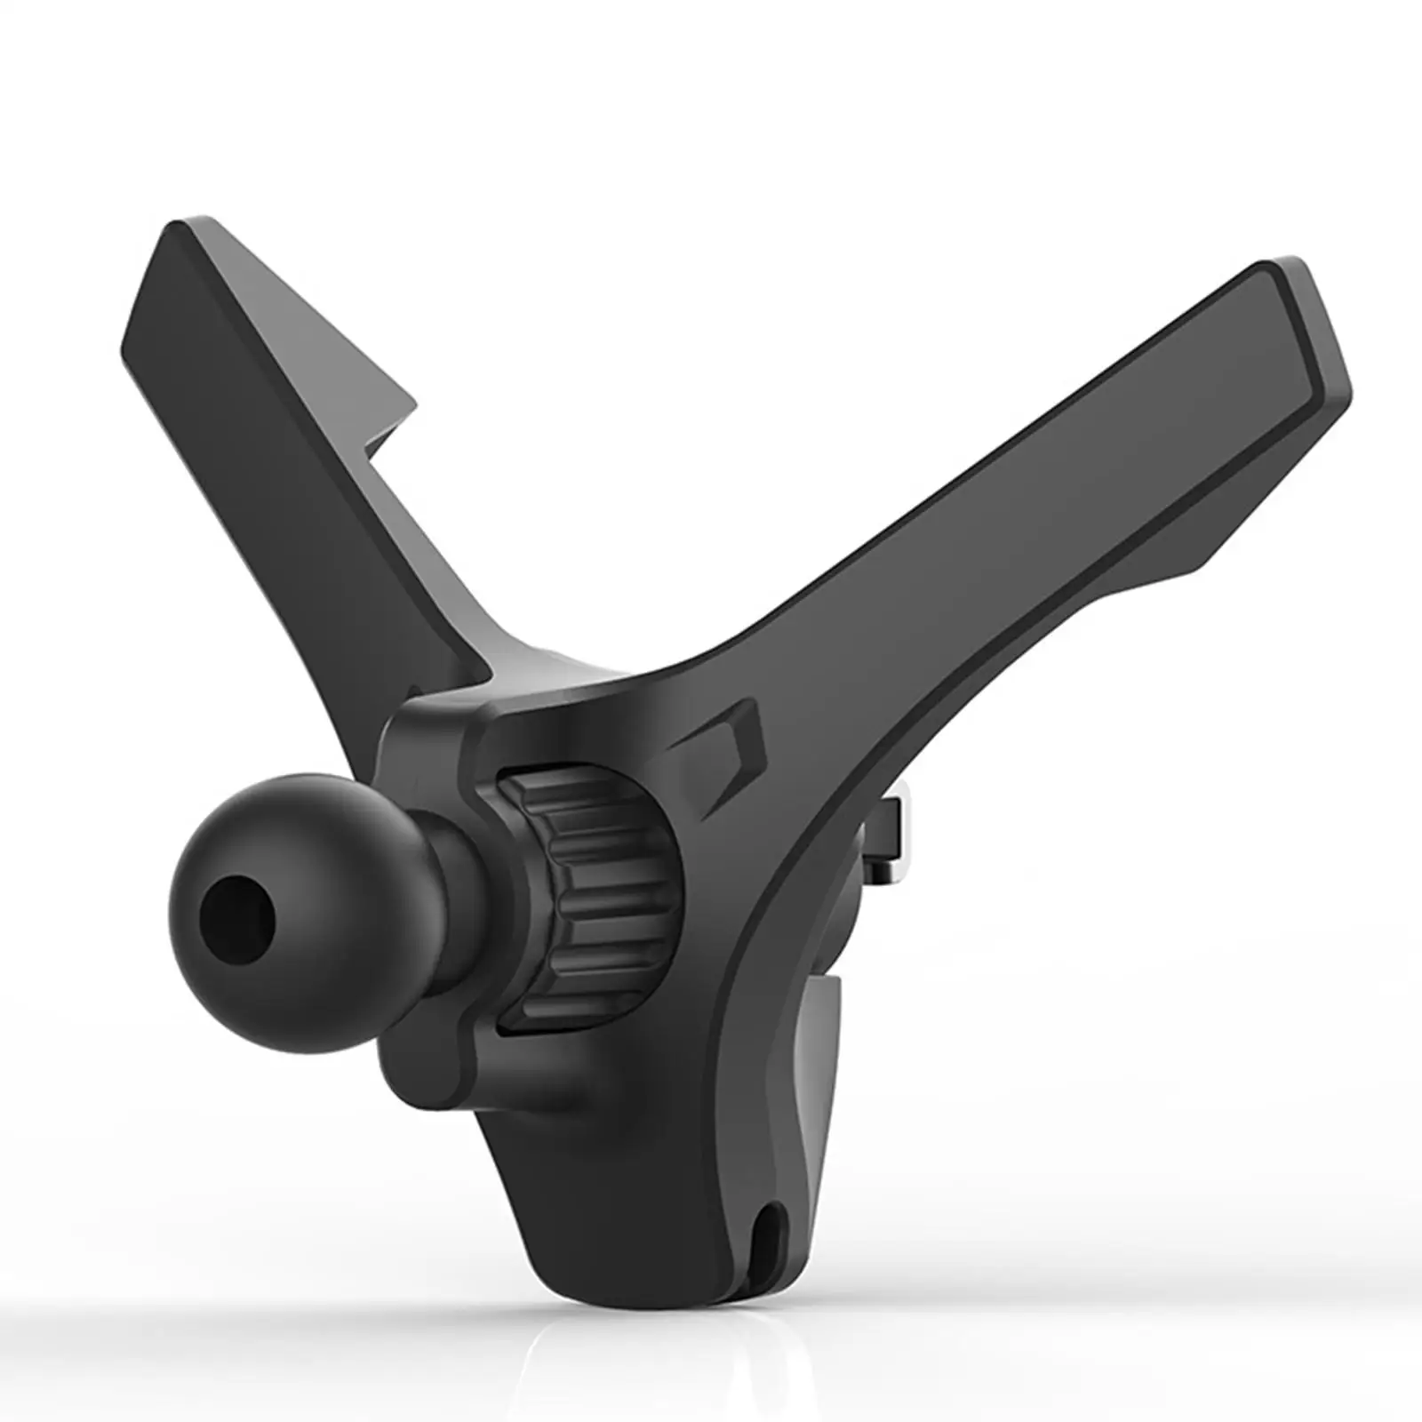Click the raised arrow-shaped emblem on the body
point(724,755)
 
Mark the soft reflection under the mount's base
point(675,1360)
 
